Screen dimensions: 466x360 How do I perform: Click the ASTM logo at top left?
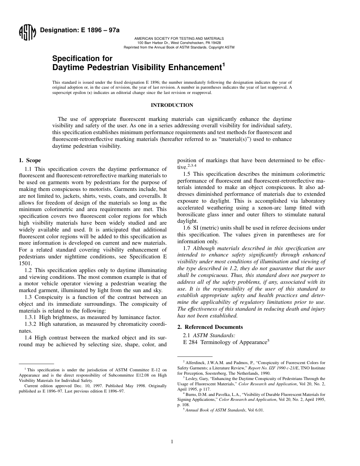[27, 33]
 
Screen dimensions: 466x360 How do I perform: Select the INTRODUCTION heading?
[172, 105]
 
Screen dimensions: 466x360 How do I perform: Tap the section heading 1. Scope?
[30, 160]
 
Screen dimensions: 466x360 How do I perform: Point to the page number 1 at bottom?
[172, 441]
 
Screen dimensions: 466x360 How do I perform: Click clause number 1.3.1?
[32, 317]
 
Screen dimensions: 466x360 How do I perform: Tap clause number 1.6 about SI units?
[187, 228]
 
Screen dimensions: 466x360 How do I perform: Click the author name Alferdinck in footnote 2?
[197, 363]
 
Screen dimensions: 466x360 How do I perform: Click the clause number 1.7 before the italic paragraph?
[187, 248]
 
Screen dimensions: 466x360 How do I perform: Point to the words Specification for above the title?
[82, 58]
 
